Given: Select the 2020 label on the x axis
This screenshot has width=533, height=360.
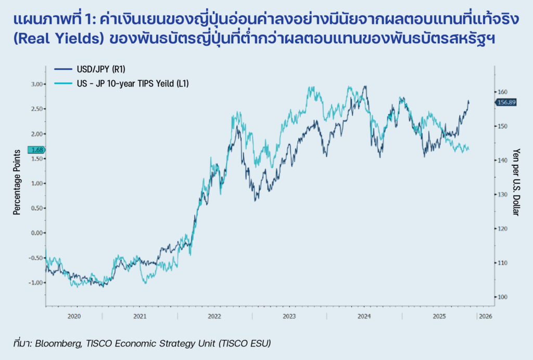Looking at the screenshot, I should click(74, 316).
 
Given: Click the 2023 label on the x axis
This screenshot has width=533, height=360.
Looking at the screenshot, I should click(289, 316).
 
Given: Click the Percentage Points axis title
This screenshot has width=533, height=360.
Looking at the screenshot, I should click(17, 182).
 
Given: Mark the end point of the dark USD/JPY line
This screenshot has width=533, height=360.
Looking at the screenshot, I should click(468, 101).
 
